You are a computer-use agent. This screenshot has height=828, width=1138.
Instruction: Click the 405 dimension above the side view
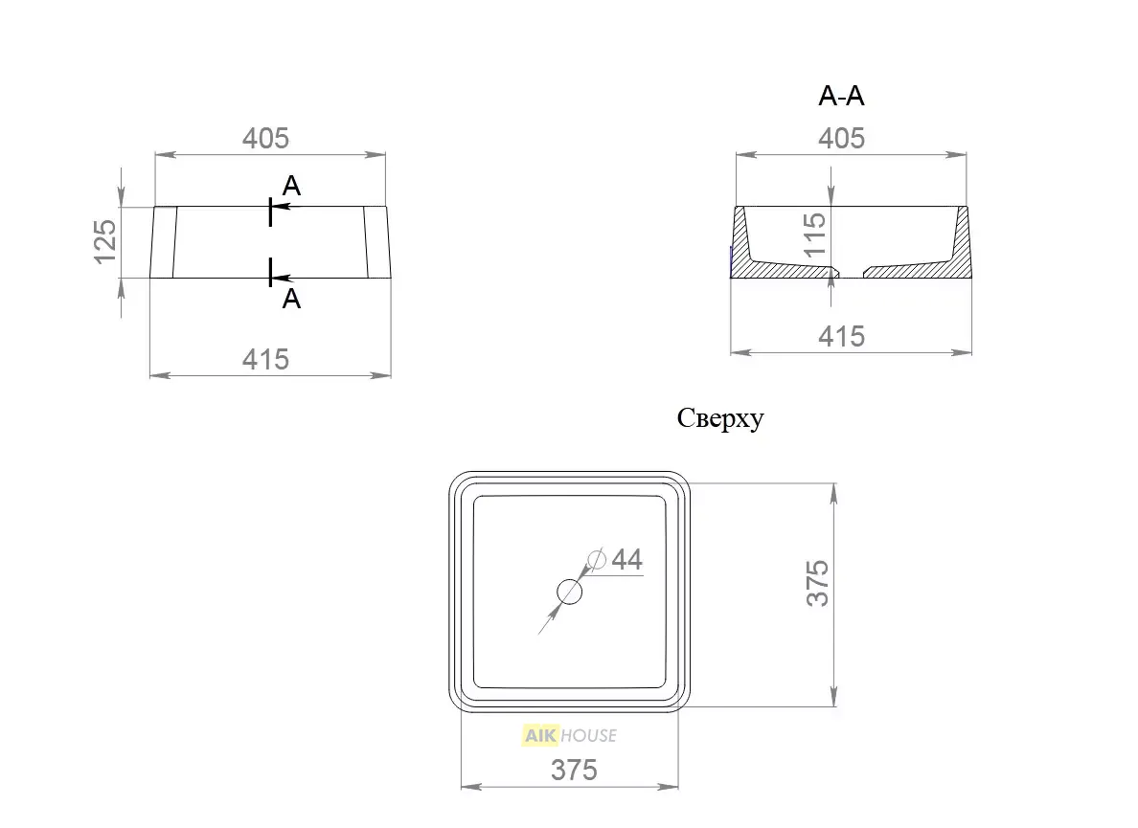265,138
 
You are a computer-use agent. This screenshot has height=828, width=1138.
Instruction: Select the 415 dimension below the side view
265,360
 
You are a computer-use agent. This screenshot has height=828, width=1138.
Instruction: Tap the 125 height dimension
105,241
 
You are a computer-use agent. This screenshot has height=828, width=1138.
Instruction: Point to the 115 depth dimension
814,234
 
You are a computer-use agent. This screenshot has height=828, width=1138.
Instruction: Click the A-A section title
841,96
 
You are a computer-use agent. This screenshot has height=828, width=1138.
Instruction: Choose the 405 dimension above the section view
841,138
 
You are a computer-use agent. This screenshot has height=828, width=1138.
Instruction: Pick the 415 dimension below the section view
841,336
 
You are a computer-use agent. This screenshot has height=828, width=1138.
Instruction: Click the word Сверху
720,418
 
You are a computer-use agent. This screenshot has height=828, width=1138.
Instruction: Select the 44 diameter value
627,560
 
